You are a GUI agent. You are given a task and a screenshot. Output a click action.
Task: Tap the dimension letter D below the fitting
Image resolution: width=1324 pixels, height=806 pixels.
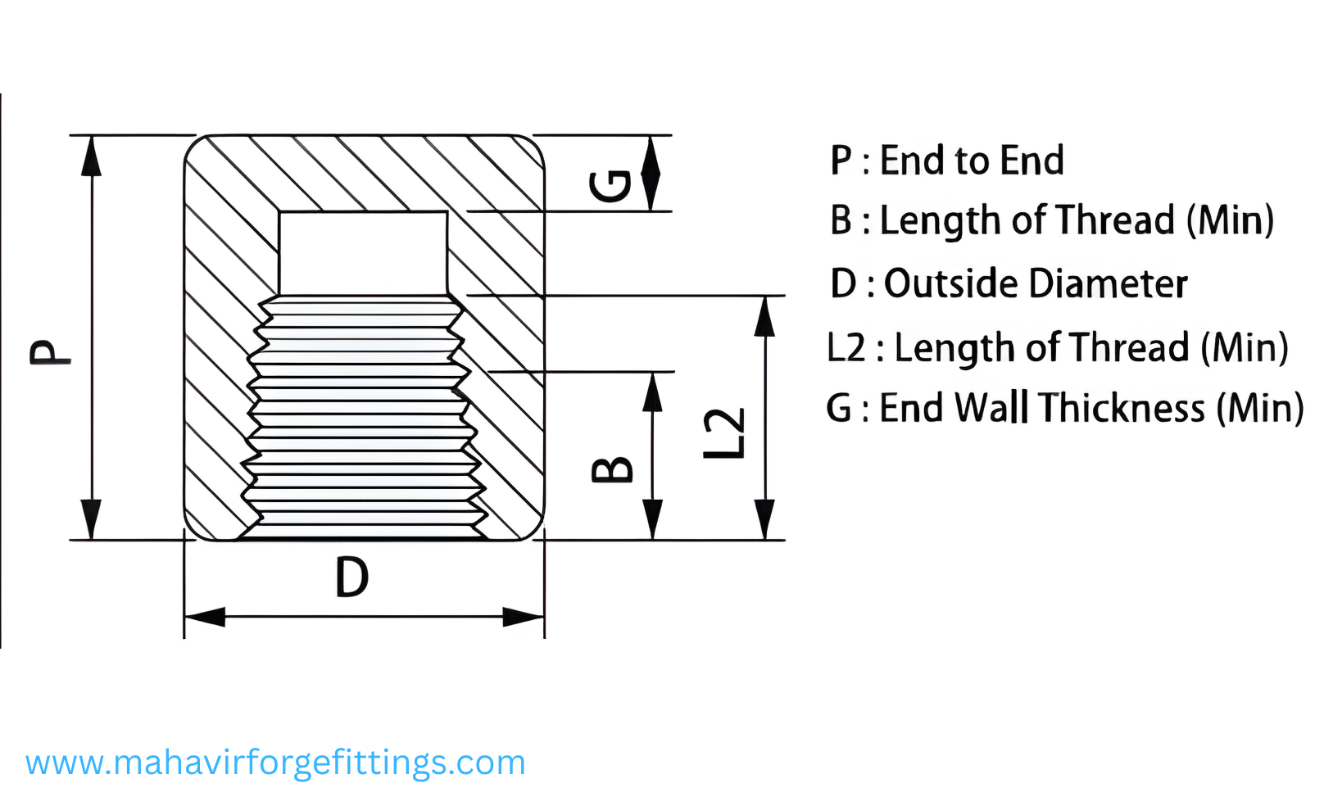[x=352, y=577]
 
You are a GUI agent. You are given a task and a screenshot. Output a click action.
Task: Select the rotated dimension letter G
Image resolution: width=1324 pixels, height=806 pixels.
[x=611, y=186]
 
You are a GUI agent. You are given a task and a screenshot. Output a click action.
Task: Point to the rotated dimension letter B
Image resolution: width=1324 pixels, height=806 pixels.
[x=612, y=469]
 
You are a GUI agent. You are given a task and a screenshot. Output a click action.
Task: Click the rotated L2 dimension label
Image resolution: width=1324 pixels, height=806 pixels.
[x=725, y=433]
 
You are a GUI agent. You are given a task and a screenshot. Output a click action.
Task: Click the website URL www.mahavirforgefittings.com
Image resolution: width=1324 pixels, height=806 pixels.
[x=275, y=763]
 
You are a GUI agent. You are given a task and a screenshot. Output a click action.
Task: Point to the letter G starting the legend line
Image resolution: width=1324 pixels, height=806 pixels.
[x=840, y=408]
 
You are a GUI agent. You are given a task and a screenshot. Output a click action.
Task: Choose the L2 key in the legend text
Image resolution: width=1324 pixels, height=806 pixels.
[x=846, y=348]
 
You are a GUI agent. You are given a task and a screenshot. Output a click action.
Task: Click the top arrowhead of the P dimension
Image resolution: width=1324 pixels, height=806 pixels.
[x=92, y=156]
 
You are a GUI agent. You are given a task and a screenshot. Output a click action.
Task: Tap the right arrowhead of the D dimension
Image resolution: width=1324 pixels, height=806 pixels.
[x=524, y=617]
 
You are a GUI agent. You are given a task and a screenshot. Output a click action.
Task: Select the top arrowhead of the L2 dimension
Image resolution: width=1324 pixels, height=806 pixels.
[x=764, y=316]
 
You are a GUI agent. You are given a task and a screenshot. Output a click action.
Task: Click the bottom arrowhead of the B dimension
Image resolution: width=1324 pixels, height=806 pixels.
[x=652, y=519]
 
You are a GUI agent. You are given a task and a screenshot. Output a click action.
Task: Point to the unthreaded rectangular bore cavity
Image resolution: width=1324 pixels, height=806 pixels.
[x=363, y=252]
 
